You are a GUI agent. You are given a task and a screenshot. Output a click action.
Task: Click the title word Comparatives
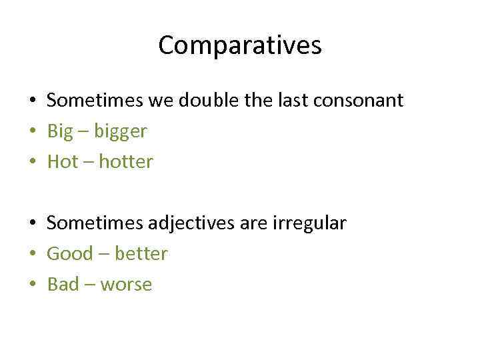[x=240, y=45]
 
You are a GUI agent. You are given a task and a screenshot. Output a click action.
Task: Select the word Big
[x=59, y=132]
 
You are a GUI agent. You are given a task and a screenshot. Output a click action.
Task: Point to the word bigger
[x=120, y=132]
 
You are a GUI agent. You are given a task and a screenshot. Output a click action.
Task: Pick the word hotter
[x=126, y=162]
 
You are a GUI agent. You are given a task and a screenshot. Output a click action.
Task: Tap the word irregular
[x=309, y=223]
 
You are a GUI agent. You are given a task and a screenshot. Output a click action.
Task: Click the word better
[x=141, y=254]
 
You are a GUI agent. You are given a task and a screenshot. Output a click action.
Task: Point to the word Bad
[x=63, y=285]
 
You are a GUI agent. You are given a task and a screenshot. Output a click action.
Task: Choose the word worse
[x=127, y=285]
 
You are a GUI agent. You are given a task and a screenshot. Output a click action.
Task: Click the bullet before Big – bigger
[x=32, y=132]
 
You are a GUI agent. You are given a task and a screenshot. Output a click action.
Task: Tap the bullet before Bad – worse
[x=32, y=285]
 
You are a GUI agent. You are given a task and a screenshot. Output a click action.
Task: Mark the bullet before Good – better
[x=32, y=255]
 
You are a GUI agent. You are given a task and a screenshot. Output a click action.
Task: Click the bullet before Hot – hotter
[x=32, y=163]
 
